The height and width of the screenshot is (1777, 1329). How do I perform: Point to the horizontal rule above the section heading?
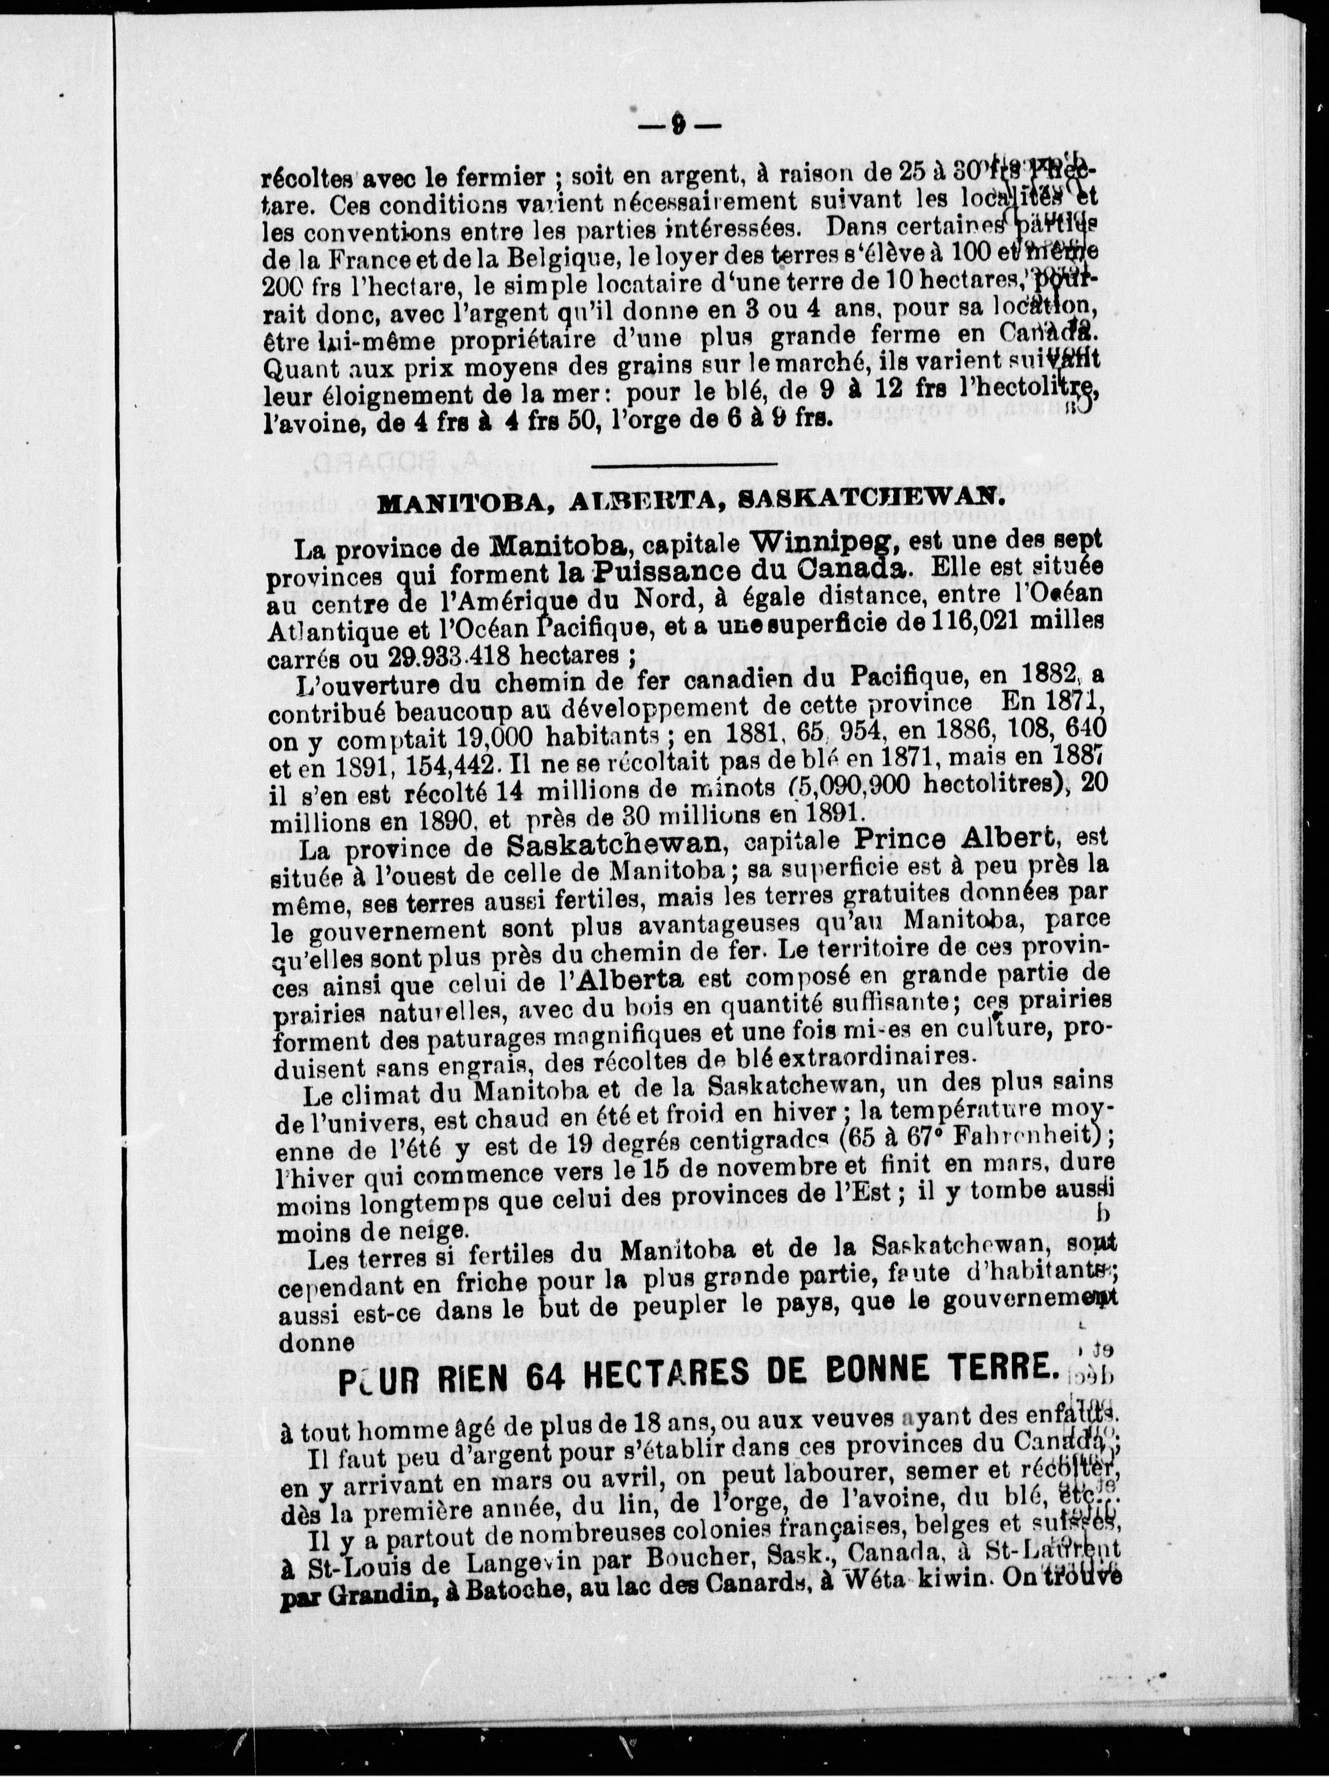684,464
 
